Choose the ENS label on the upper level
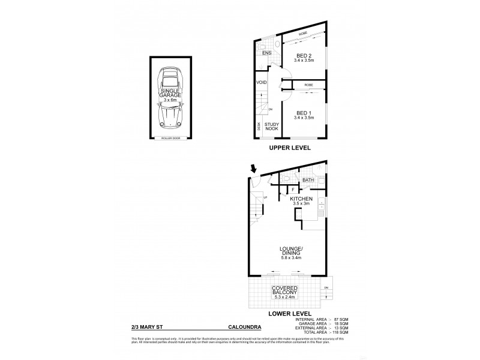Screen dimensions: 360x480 point(267,53)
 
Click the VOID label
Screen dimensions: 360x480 point(262,83)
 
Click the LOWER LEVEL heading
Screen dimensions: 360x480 point(290,313)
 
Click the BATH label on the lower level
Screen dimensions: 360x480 point(308,179)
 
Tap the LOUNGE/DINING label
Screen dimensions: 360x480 point(290,251)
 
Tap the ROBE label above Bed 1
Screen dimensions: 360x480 point(308,85)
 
